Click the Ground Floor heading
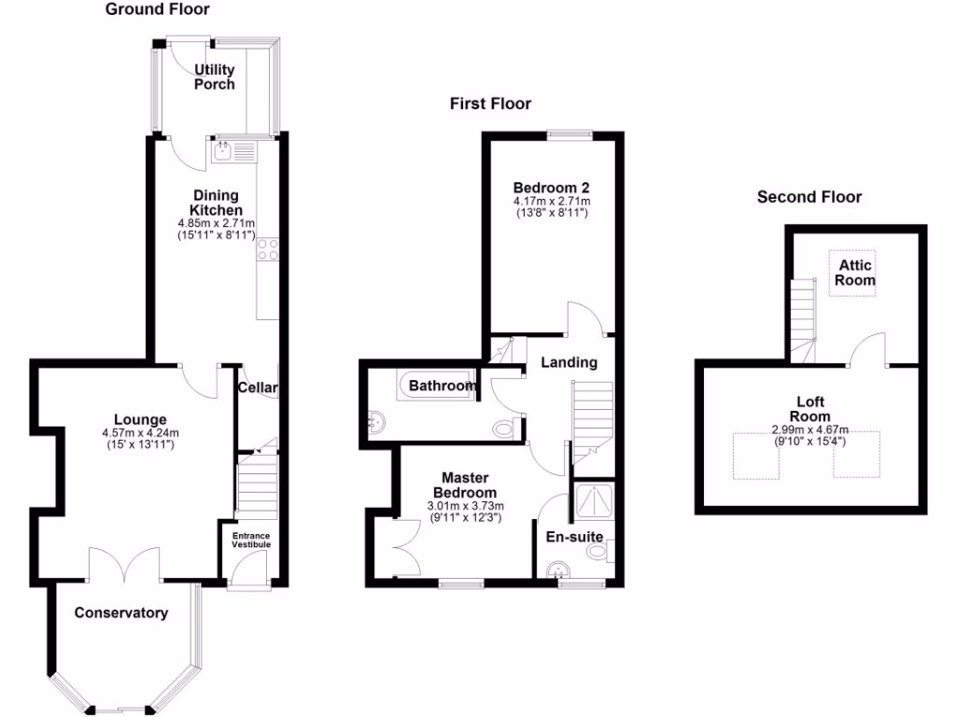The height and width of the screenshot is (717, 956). point(157,10)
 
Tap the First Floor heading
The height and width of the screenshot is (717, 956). point(490,104)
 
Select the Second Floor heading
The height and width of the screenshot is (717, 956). point(808,197)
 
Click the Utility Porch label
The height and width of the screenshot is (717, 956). point(214,77)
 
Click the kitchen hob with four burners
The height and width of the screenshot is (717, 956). point(268,248)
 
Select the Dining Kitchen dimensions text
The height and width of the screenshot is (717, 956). point(216,230)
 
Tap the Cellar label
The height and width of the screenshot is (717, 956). point(257,387)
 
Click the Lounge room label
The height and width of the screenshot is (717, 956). point(140,419)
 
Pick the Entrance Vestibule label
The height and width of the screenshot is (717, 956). point(250,540)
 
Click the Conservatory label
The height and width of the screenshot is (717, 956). point(121,613)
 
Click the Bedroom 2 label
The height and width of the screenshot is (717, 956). point(551,186)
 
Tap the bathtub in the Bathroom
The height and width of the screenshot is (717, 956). point(439,385)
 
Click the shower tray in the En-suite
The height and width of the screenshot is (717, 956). point(593,505)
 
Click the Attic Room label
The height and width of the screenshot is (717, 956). point(854,273)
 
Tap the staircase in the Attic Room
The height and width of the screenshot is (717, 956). point(803,313)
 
